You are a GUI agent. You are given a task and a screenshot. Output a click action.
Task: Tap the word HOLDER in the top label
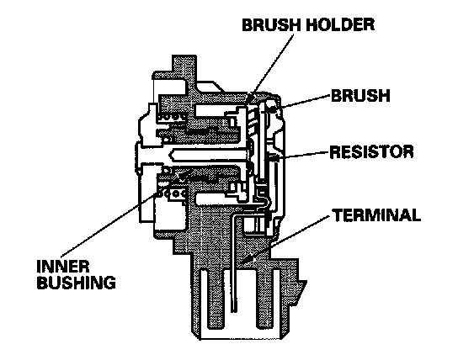pyautogui.click(x=339, y=24)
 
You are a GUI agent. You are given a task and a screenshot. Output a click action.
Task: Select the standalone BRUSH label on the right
pyautogui.click(x=360, y=95)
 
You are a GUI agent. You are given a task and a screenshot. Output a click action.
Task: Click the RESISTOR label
pyautogui.click(x=371, y=151)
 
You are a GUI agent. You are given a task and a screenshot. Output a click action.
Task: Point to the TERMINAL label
pyautogui.click(x=377, y=215)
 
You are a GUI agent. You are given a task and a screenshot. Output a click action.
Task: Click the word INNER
pyautogui.click(x=63, y=267)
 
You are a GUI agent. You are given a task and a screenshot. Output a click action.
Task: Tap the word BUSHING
pyautogui.click(x=77, y=282)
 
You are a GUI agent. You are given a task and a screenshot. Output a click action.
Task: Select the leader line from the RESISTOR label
pyautogui.click(x=303, y=155)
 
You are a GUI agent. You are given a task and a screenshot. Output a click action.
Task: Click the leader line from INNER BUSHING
pyautogui.click(x=109, y=224)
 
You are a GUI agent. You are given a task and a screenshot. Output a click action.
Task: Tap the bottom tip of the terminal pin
pyautogui.click(x=234, y=311)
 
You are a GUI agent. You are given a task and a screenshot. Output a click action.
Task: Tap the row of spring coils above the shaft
pyautogui.click(x=172, y=117)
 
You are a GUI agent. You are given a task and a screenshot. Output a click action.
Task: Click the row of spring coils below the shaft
pyautogui.click(x=172, y=193)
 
